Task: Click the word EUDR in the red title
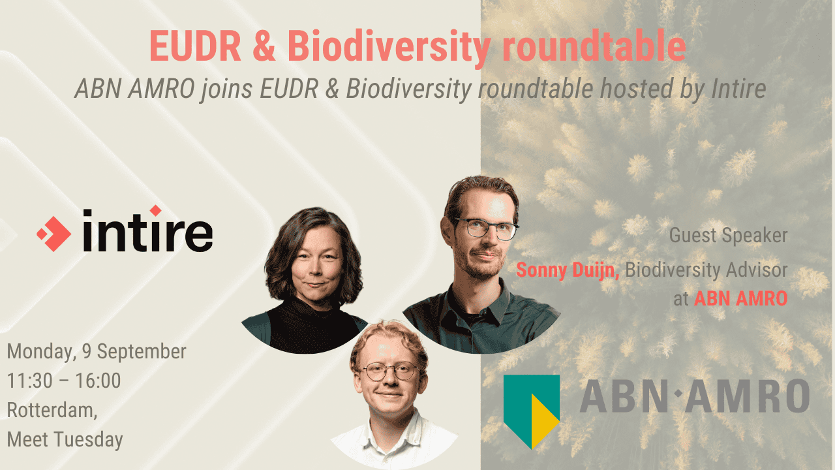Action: point(195,46)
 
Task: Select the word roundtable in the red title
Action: point(594,46)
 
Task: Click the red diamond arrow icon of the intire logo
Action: point(54,234)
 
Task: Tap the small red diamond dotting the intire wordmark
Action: point(155,210)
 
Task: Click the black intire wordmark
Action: point(147,230)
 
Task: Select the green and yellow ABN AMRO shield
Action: point(532,411)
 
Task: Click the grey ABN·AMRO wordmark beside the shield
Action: point(695,396)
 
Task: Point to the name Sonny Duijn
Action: point(568,271)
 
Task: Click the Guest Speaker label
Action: point(729,236)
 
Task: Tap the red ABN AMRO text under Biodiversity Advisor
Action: point(740,299)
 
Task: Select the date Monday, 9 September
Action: point(97,352)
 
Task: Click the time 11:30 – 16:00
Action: point(64,381)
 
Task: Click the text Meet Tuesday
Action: point(65,440)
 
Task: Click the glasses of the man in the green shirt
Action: point(487,228)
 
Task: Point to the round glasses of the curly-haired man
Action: point(390,371)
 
